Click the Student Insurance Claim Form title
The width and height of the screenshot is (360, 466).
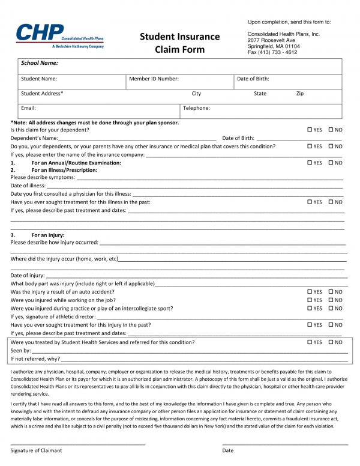coord(179,43)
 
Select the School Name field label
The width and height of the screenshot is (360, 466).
coord(40,63)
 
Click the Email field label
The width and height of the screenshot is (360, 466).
coord(29,108)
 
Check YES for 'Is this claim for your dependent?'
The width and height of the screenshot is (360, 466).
coord(310,130)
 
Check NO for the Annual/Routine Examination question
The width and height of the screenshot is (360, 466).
coord(331,163)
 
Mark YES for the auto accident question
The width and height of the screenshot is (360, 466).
coord(310,292)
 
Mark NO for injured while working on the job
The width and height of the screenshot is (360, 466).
coord(331,300)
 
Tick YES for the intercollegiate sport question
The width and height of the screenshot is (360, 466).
coord(310,308)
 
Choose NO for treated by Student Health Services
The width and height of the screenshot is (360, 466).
coord(331,342)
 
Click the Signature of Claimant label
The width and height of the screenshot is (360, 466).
coord(36,450)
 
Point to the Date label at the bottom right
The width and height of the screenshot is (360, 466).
coord(228,450)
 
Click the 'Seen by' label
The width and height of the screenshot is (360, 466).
coord(20,350)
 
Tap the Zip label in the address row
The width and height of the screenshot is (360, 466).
coord(300,94)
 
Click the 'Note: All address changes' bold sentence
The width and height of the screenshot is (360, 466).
coord(95,123)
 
